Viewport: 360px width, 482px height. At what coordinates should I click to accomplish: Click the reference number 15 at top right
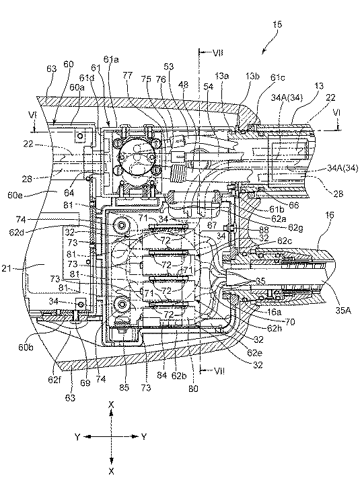pyautogui.click(x=277, y=25)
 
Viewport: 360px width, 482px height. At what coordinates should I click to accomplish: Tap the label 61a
pyautogui.click(x=112, y=59)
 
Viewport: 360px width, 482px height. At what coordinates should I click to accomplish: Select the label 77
pyautogui.click(x=127, y=75)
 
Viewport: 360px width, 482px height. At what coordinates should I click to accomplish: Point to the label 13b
pyautogui.click(x=252, y=77)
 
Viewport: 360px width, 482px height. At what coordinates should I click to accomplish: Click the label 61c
pyautogui.click(x=278, y=77)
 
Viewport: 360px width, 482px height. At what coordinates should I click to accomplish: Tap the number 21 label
pyautogui.click(x=6, y=268)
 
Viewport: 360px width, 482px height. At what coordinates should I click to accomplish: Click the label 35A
pyautogui.click(x=343, y=311)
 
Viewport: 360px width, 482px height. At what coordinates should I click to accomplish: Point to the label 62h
pyautogui.click(x=274, y=329)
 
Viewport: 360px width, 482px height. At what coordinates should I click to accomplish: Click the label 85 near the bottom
pyautogui.click(x=124, y=387)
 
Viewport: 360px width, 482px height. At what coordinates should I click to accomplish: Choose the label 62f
pyautogui.click(x=54, y=380)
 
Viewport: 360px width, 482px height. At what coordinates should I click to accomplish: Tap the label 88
pyautogui.click(x=264, y=230)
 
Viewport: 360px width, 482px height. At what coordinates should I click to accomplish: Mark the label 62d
pyautogui.click(x=16, y=233)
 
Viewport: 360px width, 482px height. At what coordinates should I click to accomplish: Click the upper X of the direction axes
pyautogui.click(x=112, y=405)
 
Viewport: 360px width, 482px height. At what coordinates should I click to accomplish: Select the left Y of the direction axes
pyautogui.click(x=78, y=436)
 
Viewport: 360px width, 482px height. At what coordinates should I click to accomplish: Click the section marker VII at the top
pyautogui.click(x=218, y=53)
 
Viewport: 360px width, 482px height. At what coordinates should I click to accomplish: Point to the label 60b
pyautogui.click(x=26, y=347)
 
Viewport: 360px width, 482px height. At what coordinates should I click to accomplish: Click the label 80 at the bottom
pyautogui.click(x=193, y=389)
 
